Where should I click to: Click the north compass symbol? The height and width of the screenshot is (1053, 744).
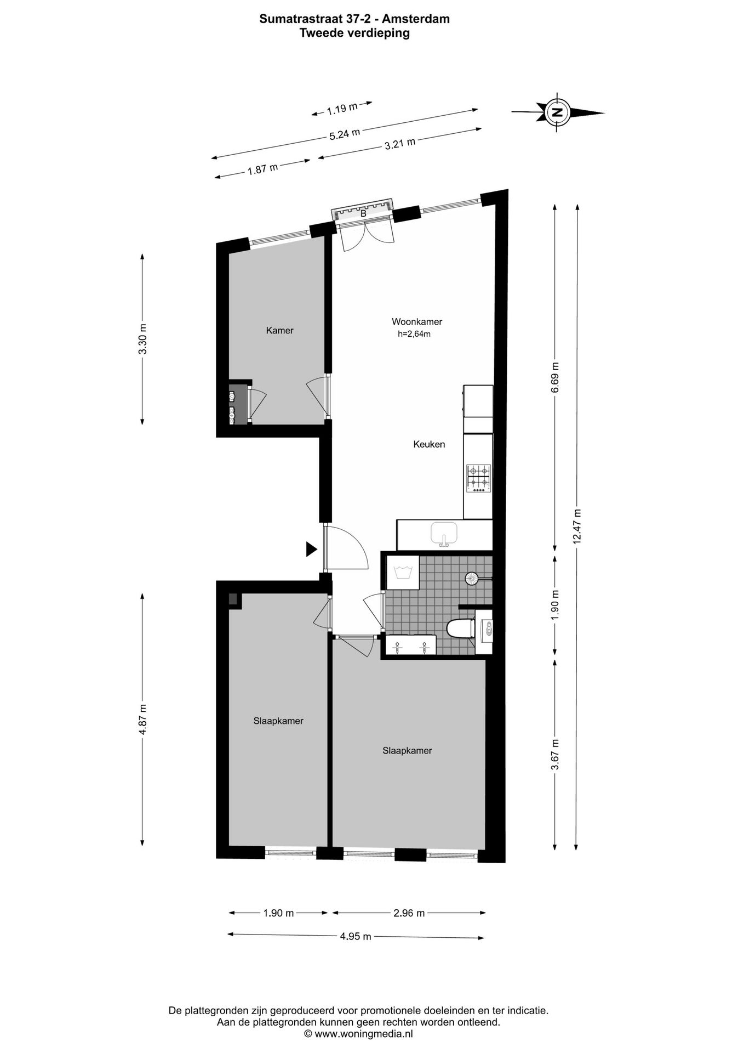pos(557,112)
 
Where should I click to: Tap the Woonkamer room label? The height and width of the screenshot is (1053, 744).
pos(416,322)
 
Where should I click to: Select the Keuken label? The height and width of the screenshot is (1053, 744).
pos(428,444)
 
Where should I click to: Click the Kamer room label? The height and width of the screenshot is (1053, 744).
pos(279,330)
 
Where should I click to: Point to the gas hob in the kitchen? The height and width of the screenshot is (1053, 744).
pos(478,477)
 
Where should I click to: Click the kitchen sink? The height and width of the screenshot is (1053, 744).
pos(444,534)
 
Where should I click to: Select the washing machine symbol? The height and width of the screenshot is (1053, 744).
pos(403,573)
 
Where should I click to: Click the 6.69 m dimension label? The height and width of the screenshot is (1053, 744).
pos(555,377)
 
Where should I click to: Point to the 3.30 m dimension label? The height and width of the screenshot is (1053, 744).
pos(142,339)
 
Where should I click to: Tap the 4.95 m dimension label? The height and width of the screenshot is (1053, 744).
pos(355,936)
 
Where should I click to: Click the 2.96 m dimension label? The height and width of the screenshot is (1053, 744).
pos(409,913)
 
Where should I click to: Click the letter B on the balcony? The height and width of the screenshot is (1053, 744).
pos(363,214)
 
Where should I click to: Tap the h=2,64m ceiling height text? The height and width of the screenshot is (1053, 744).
pos(414,334)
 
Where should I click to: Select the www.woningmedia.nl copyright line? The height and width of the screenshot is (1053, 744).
pos(358,1034)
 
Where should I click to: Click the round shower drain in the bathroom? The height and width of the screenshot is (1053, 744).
pos(471,577)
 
